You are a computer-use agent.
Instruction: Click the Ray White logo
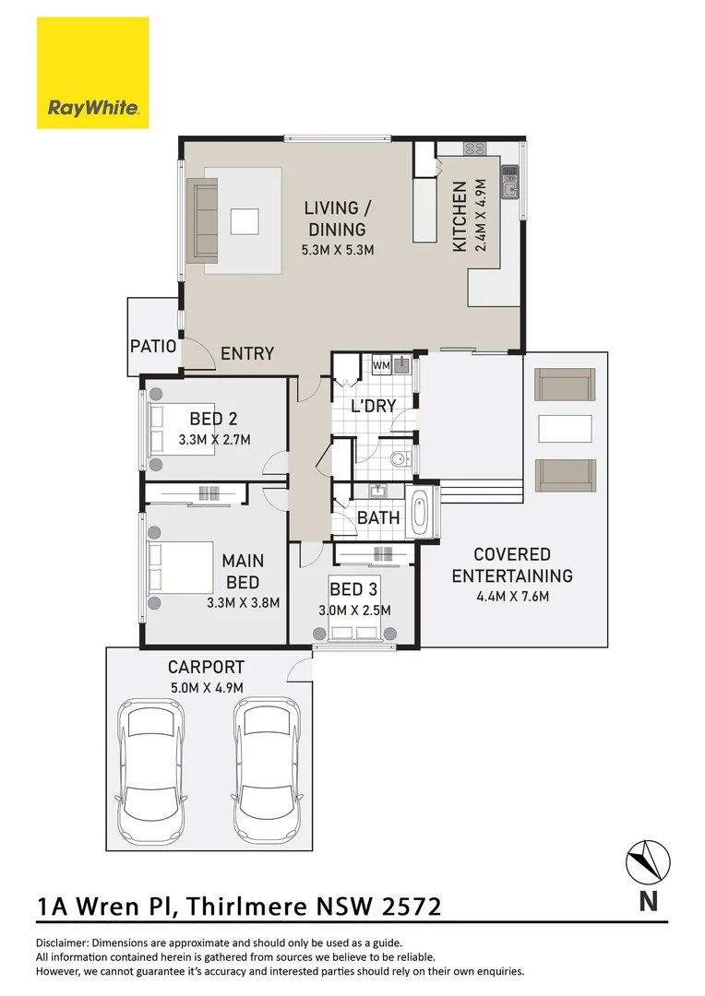(x=92, y=74)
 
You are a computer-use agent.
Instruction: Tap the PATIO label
(x=152, y=347)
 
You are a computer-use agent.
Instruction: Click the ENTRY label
(x=247, y=353)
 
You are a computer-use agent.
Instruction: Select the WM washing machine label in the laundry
(x=380, y=366)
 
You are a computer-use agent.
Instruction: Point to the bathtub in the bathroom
(x=419, y=513)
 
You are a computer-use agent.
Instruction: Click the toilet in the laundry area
(x=400, y=457)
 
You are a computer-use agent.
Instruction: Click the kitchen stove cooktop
(x=474, y=148)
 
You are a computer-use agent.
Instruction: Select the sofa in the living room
(x=202, y=219)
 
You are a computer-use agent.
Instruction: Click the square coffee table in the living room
(x=245, y=221)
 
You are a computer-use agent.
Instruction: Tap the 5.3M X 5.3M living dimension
(x=336, y=249)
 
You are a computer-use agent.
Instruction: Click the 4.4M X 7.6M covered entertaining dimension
(x=511, y=596)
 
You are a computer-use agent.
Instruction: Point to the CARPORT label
(x=206, y=667)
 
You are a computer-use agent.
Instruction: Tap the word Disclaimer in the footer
(x=62, y=943)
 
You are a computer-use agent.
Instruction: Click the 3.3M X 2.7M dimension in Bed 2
(x=214, y=440)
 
